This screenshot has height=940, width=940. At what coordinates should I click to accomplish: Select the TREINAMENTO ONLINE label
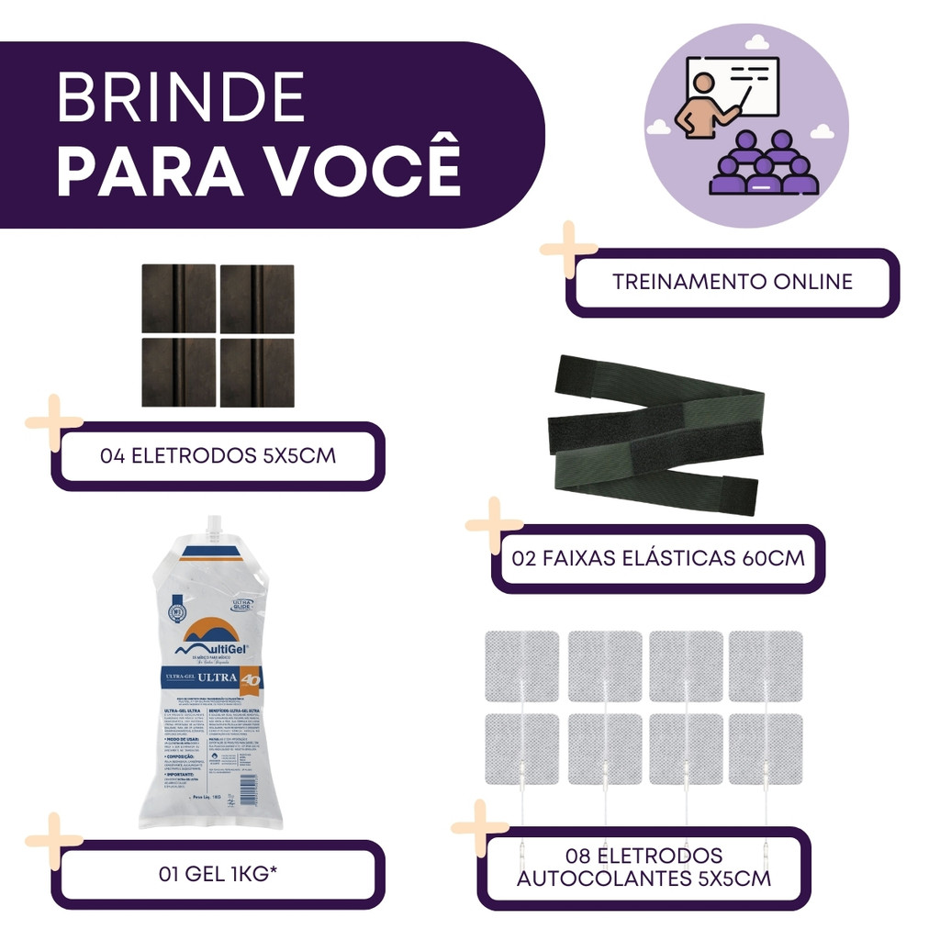pos(733,282)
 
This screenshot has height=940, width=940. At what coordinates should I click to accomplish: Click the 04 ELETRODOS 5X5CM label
pos(218,455)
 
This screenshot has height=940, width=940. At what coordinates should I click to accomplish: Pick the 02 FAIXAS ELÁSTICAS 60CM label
pos(659,558)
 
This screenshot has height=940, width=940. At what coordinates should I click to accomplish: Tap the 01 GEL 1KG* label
pos(218,874)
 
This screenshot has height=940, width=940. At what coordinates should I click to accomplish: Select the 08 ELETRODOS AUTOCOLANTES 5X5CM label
pos(644,867)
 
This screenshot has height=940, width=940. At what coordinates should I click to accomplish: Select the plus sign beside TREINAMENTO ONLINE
pos(568,249)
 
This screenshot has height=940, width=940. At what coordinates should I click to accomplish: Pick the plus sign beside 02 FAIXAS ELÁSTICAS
pos(494,526)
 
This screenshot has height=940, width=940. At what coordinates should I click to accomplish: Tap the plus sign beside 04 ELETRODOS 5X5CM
pos(54,422)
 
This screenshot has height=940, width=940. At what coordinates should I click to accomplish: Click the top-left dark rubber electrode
pos(178,298)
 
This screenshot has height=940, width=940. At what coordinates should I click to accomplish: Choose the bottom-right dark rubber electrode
pos(257,373)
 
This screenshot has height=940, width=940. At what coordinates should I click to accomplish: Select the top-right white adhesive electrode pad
pos(766,666)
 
